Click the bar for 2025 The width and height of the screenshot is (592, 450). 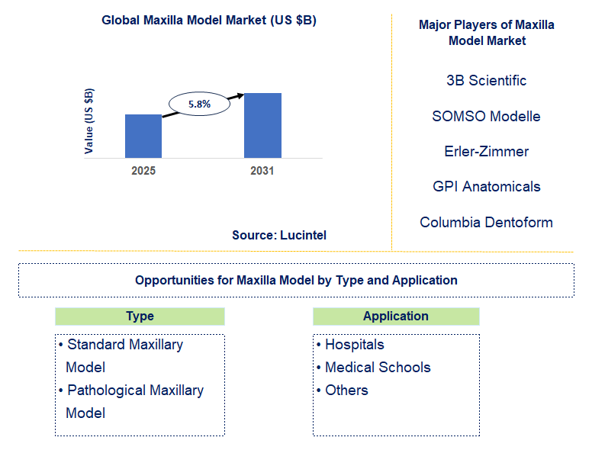point(143,136)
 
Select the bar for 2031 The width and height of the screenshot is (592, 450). point(262,125)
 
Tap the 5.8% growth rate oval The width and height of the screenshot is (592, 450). point(199,104)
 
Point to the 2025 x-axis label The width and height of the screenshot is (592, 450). point(143,171)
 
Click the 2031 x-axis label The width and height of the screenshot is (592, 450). point(262,171)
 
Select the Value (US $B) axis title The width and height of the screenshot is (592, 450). point(89,121)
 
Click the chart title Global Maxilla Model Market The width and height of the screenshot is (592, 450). point(208,21)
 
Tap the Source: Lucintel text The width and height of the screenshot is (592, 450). point(279,236)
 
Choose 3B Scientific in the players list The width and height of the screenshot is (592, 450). point(486,81)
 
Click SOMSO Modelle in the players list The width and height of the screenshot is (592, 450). point(486,117)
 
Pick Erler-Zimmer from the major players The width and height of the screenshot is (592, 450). point(486,152)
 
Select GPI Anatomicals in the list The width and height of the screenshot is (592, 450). point(486,187)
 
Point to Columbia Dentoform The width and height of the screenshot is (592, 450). point(486,223)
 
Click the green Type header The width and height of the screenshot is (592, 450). point(140,317)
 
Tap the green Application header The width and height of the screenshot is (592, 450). point(396,317)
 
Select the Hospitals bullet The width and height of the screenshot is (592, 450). point(354,345)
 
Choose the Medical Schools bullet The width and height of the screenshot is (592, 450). point(378,368)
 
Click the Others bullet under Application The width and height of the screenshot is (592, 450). point(346,391)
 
